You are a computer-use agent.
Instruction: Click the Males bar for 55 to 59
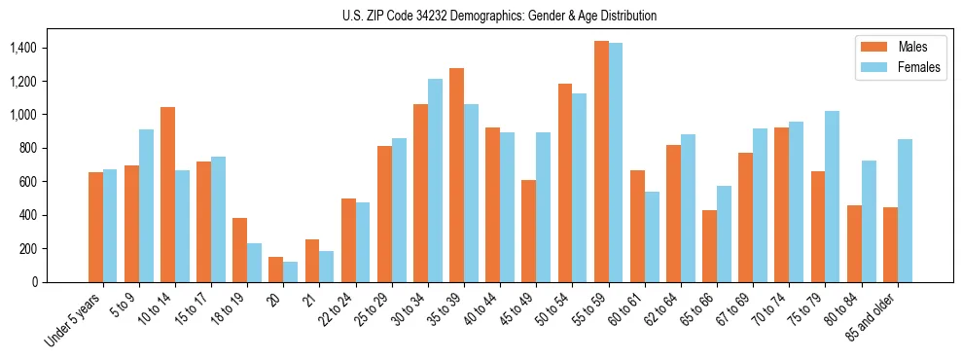pyautogui.click(x=601, y=162)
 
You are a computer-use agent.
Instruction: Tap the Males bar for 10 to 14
pyautogui.click(x=167, y=195)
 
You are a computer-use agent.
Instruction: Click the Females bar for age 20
pyautogui.click(x=291, y=271)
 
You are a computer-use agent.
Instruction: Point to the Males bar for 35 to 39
pyautogui.click(x=456, y=175)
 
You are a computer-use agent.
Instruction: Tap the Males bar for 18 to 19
pyautogui.click(x=239, y=250)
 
